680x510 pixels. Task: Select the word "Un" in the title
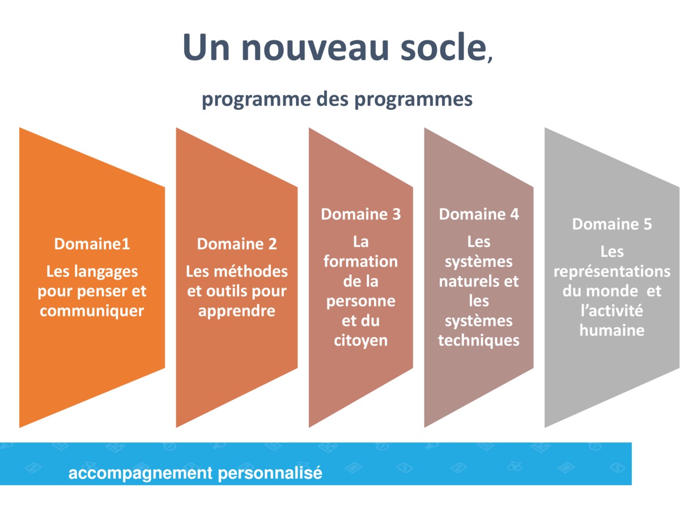(x=206, y=48)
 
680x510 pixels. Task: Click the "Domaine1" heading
(x=92, y=244)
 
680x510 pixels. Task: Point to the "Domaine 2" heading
(x=237, y=244)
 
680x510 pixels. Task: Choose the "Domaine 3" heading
(x=360, y=214)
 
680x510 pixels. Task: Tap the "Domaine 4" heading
(x=479, y=214)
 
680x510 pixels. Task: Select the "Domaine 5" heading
(x=612, y=224)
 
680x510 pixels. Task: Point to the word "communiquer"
(x=92, y=311)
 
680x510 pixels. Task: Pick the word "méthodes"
(x=255, y=271)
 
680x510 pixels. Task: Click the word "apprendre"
(x=237, y=311)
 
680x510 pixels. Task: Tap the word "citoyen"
(x=360, y=341)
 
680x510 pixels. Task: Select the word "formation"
(x=360, y=261)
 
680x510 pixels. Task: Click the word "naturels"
(x=470, y=281)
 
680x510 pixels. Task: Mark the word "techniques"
(x=479, y=341)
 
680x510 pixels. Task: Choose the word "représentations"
(x=612, y=271)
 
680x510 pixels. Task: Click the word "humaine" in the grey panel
(x=612, y=330)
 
